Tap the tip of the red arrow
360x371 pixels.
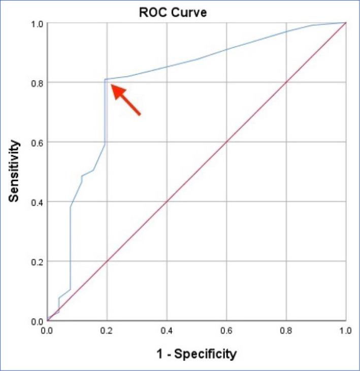coord(112,86)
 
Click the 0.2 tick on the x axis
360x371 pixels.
coord(107,330)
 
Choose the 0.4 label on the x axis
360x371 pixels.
coord(167,330)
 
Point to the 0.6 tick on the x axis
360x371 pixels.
coord(226,330)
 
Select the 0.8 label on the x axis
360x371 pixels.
coord(286,330)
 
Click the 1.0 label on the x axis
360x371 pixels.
coord(346,330)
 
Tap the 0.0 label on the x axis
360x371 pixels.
coord(47,330)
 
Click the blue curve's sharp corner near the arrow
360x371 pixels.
coord(105,79)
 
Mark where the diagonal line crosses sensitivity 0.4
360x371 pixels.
coord(167,202)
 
